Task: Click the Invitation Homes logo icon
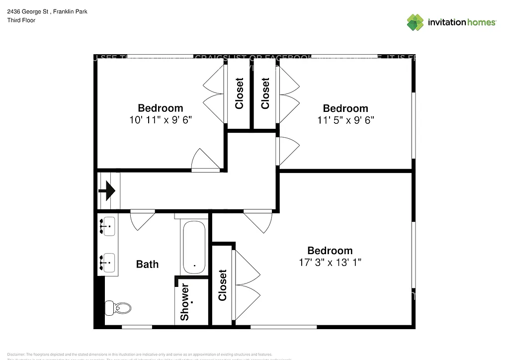click(415, 22)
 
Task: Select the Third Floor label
click(21, 20)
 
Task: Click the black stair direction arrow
click(108, 190)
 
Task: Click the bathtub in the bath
click(193, 248)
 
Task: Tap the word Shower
click(184, 302)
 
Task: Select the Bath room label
click(147, 264)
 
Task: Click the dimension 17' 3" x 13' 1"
click(330, 263)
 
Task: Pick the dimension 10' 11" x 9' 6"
click(160, 120)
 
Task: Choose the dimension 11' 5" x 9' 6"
click(345, 120)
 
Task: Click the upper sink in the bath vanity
click(107, 226)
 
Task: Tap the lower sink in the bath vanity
click(107, 261)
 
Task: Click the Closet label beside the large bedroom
click(222, 285)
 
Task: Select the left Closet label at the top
click(239, 93)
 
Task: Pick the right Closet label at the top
click(265, 93)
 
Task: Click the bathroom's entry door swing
click(143, 219)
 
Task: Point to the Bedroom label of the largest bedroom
click(330, 251)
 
